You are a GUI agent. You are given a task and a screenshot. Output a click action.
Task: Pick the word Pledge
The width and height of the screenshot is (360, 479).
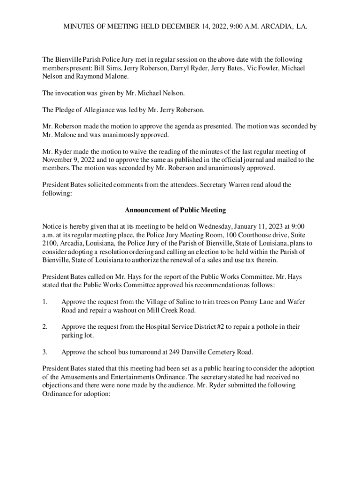65,110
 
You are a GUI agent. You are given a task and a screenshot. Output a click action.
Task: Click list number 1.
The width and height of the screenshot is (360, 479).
44,302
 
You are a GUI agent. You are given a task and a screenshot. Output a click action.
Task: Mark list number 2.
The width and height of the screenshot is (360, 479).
44,327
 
